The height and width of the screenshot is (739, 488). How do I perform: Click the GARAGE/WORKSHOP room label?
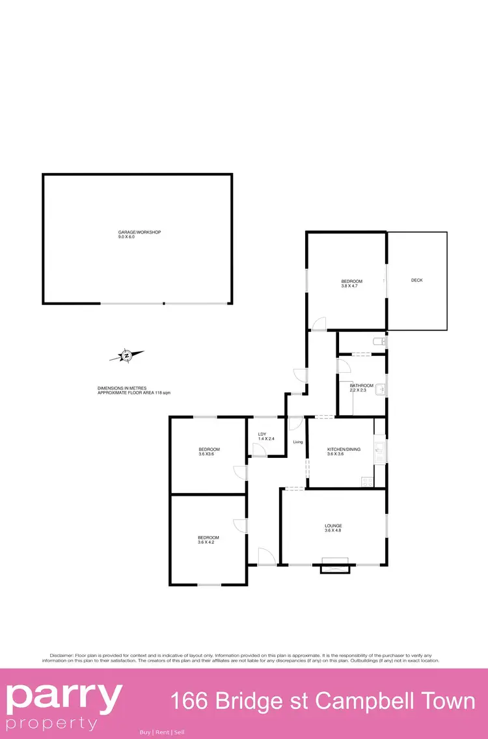[x=139, y=232]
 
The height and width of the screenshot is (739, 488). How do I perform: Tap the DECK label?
[x=417, y=280]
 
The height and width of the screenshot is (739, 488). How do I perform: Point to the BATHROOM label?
[x=362, y=386]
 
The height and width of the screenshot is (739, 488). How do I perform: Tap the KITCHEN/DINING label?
[x=344, y=450]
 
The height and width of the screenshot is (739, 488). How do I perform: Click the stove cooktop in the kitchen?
[x=367, y=482]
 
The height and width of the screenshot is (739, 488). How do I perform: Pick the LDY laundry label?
[x=262, y=434]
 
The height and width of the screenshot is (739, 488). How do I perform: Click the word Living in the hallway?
[x=298, y=442]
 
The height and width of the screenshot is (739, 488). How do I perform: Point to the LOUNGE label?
[x=334, y=526]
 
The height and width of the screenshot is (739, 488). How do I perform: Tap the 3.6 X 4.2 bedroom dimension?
[x=208, y=542]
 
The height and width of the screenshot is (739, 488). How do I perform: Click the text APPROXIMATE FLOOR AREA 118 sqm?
[x=134, y=394]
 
